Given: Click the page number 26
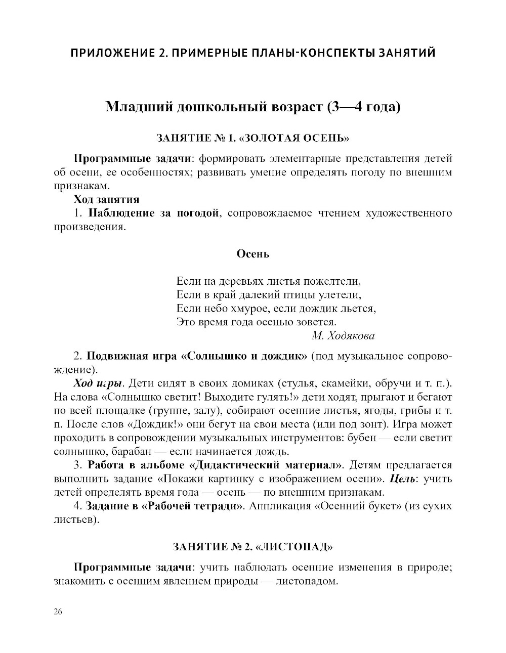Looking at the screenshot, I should (x=58, y=612).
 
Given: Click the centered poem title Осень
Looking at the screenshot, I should (x=253, y=254).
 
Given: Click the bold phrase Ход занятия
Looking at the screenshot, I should (x=106, y=199).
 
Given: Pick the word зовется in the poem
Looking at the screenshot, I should (x=316, y=322).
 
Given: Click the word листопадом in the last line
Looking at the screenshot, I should (x=307, y=581).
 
